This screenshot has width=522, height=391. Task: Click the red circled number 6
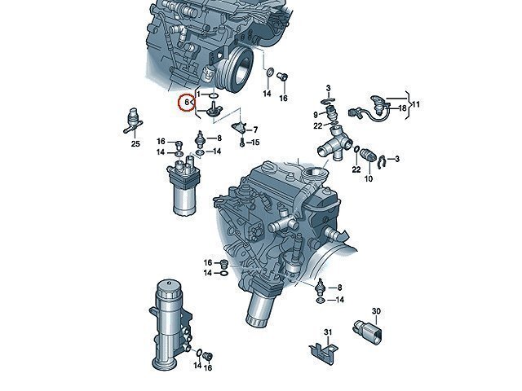pyautogui.click(x=187, y=103)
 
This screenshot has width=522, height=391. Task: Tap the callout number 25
pyautogui.click(x=135, y=143)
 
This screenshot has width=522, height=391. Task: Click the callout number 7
pyautogui.click(x=255, y=130)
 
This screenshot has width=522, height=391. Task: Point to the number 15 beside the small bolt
pyautogui.click(x=255, y=143)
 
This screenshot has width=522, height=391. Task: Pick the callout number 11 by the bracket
pyautogui.click(x=415, y=105)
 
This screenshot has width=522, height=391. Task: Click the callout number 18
pyautogui.click(x=402, y=108)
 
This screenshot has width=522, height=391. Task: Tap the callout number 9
pyautogui.click(x=316, y=115)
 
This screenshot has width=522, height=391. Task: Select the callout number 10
pyautogui.click(x=368, y=179)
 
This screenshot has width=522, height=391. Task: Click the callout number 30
pyautogui.click(x=376, y=311)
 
